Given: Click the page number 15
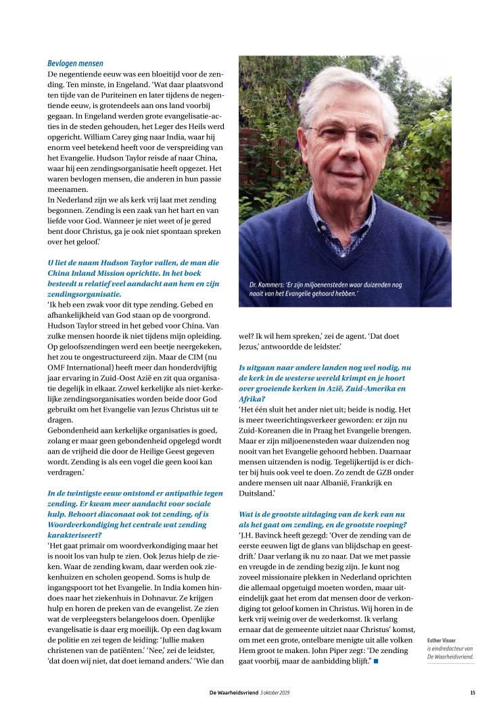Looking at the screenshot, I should (472, 692).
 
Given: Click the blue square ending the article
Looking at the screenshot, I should (376, 660).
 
